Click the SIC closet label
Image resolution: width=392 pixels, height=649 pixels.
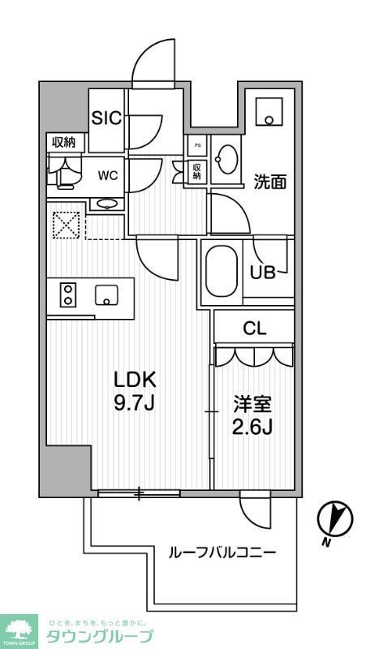pyautogui.click(x=106, y=118)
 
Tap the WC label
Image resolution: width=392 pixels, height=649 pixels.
pyautogui.click(x=107, y=174)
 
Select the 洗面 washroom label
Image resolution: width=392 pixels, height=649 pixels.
pyautogui.click(x=270, y=182)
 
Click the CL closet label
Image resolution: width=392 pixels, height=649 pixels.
pyautogui.click(x=255, y=329)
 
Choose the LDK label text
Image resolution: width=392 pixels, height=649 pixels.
pyautogui.click(x=134, y=378)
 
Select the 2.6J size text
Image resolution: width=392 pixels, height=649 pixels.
pyautogui.click(x=254, y=427)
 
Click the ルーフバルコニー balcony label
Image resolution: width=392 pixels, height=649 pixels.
pyautogui.click(x=222, y=552)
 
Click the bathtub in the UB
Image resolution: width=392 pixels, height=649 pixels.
pyautogui.click(x=220, y=272)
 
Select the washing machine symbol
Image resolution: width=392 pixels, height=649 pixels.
pyautogui.click(x=267, y=111)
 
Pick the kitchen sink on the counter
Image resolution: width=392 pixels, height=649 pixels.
pyautogui.click(x=106, y=294)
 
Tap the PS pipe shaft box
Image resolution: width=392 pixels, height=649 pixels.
pyautogui.click(x=196, y=147)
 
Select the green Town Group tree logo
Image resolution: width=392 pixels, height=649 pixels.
pyautogui.click(x=20, y=625)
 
